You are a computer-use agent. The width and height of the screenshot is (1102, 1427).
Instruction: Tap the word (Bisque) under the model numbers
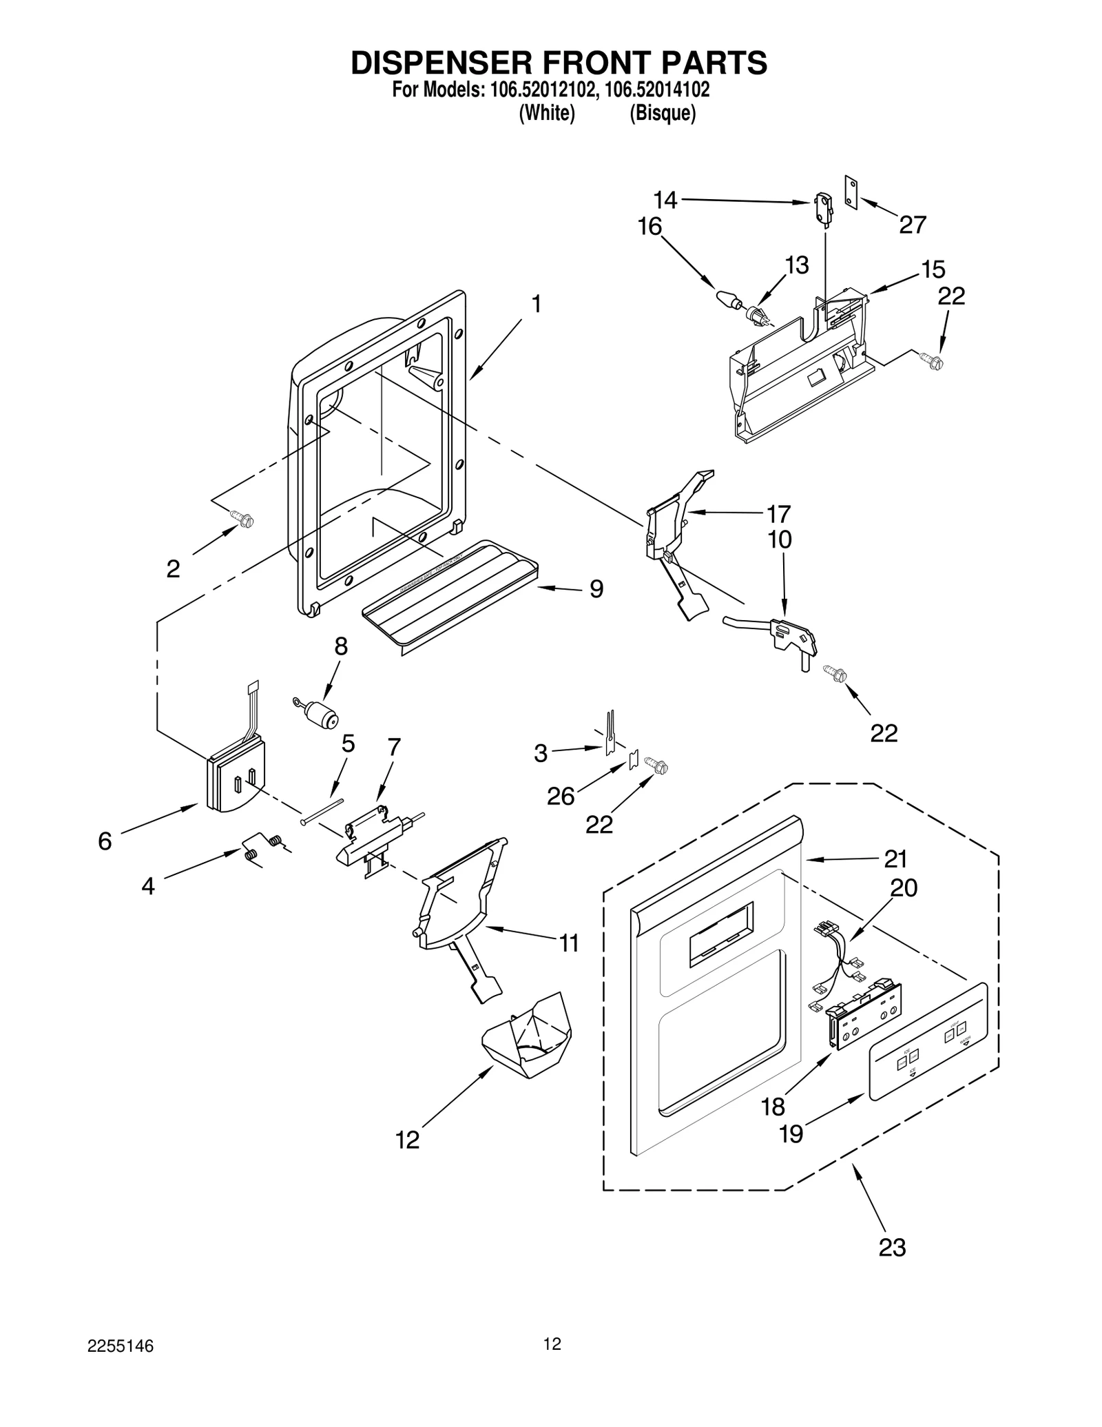[663, 114]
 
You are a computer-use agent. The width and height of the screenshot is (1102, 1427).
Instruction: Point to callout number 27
[913, 225]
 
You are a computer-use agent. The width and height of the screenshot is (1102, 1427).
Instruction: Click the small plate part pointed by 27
[851, 191]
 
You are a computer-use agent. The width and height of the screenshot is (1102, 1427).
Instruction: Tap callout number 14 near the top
[665, 201]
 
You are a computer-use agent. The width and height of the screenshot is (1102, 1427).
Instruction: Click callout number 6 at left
[105, 841]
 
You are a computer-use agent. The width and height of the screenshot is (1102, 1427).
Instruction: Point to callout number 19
[791, 1134]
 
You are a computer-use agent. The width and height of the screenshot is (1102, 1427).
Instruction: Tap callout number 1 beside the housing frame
[536, 304]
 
